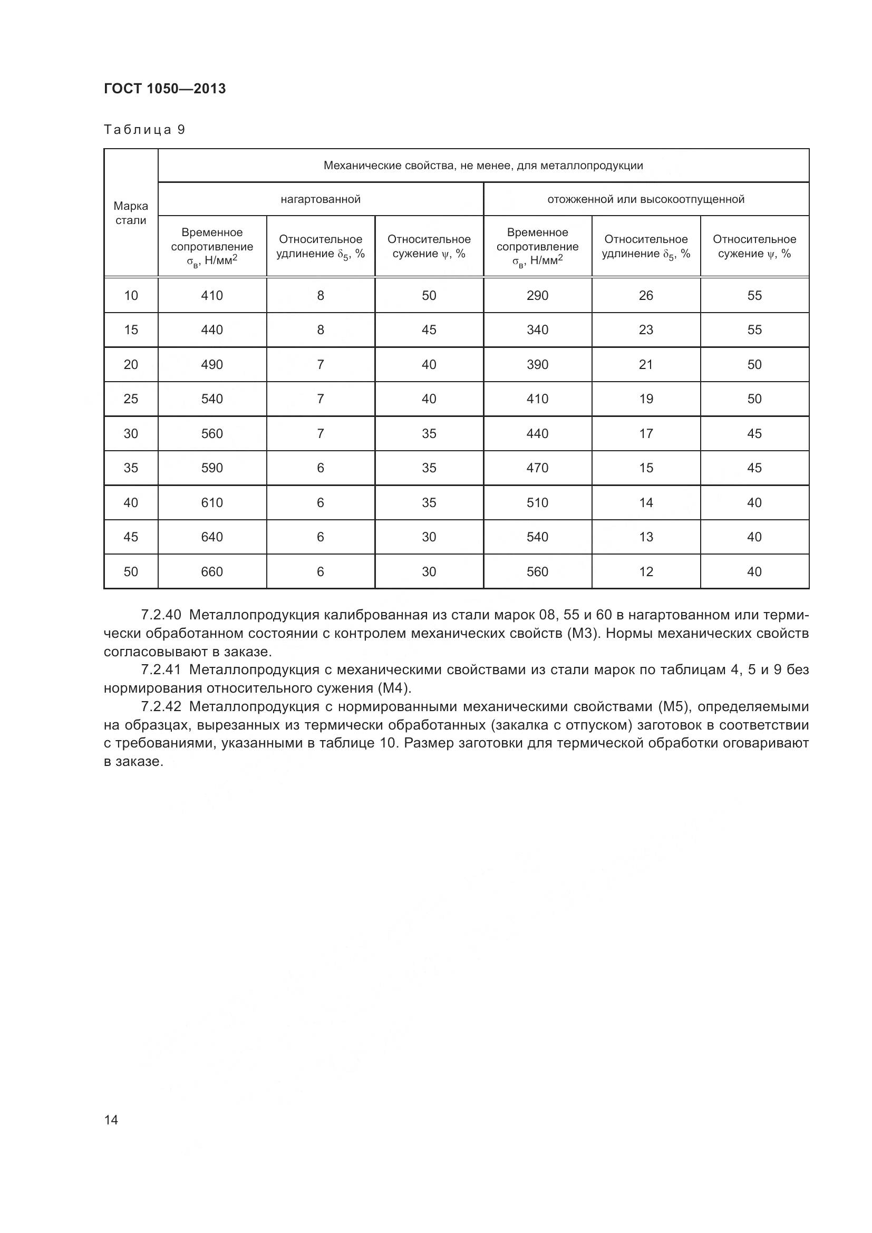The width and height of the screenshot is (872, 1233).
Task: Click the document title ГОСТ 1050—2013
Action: (x=165, y=89)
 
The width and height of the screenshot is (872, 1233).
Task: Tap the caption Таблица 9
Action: (x=144, y=130)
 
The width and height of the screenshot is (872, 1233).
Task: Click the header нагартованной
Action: (x=321, y=199)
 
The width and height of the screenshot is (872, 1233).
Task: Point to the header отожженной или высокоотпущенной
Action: (x=646, y=199)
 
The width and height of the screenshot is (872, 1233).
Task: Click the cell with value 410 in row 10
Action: (x=212, y=295)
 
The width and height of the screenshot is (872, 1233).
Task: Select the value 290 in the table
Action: (x=537, y=295)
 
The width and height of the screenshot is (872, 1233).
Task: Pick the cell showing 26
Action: (x=646, y=295)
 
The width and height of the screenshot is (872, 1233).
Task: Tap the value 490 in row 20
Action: (x=212, y=365)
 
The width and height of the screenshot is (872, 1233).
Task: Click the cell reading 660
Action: (x=212, y=572)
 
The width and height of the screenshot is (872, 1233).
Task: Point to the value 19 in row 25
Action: (x=646, y=399)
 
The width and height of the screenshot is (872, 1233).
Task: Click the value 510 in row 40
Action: (x=537, y=503)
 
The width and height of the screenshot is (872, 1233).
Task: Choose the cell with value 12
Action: (x=646, y=572)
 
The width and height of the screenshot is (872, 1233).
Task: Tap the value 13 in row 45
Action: (x=646, y=537)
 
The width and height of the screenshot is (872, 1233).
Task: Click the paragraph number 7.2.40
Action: (x=161, y=615)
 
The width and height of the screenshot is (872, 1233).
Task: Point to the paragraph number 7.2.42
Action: (x=161, y=707)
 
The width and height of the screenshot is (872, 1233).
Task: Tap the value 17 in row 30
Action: (x=646, y=433)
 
